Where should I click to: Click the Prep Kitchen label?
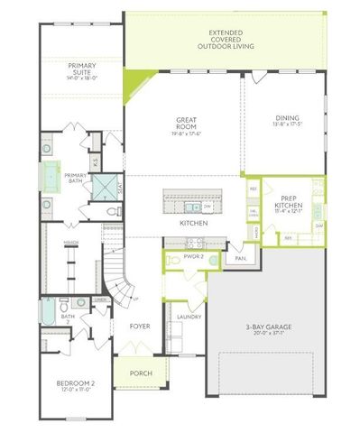pos(289,202)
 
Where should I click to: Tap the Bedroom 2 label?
pos(70,385)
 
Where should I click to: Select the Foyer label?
pos(138,326)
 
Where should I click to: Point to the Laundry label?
pos(188,318)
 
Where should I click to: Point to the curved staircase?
pos(119,275)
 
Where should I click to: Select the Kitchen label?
pos(193,222)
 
